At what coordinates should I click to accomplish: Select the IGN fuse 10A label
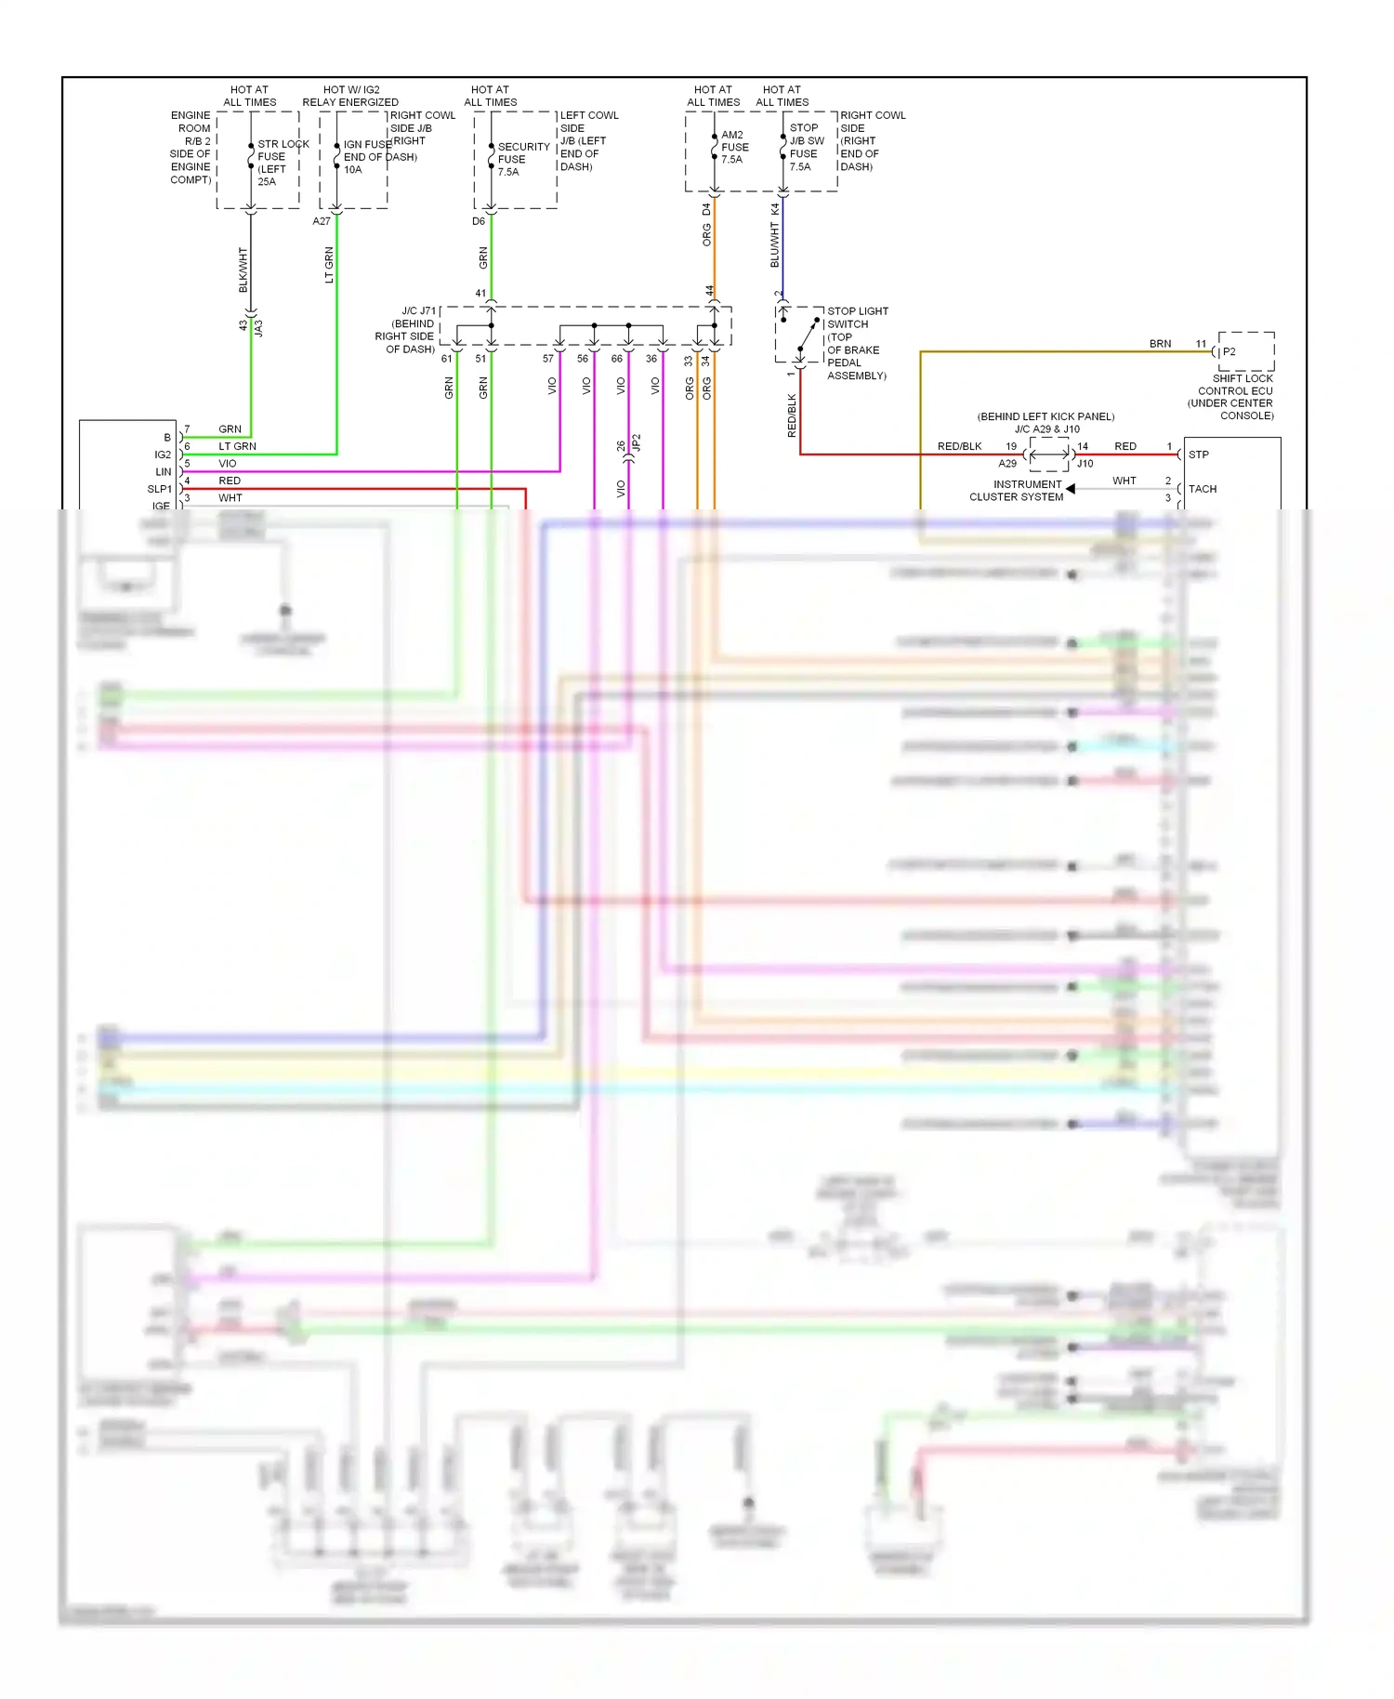tap(367, 157)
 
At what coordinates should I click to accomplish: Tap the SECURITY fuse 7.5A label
tap(522, 159)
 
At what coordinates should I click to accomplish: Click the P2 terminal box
tap(1245, 351)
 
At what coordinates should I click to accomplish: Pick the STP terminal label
tap(1199, 454)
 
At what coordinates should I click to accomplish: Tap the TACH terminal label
tap(1202, 489)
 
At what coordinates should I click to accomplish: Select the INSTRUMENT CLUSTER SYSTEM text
tap(1017, 491)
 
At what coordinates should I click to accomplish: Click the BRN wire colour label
tap(1160, 344)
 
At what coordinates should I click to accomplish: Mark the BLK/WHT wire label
tap(243, 270)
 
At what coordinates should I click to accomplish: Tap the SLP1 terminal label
tap(160, 489)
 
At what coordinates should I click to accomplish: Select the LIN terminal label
tap(164, 472)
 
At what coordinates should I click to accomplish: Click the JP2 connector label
tap(636, 443)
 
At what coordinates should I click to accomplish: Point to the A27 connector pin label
tap(322, 221)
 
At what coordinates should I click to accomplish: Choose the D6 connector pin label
tap(479, 221)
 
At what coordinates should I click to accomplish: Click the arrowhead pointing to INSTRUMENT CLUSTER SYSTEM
tap(1071, 489)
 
